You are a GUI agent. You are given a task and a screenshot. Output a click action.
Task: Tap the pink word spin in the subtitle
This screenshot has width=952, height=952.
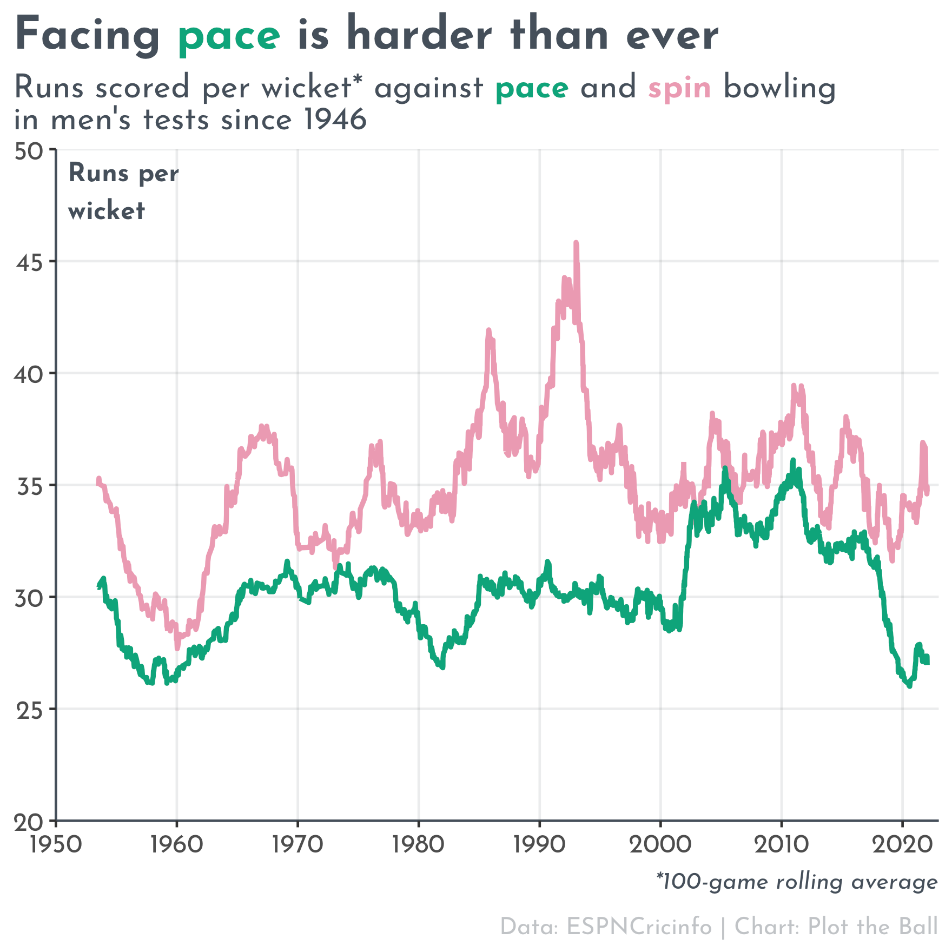(679, 88)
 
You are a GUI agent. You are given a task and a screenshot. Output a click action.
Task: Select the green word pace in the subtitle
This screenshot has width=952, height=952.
(532, 88)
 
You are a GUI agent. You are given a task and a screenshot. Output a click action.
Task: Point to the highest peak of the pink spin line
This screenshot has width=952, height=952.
(576, 243)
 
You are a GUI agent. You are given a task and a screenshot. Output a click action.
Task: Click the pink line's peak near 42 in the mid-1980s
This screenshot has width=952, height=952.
(488, 330)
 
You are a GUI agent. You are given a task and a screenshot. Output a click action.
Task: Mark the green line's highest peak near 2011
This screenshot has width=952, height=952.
(793, 461)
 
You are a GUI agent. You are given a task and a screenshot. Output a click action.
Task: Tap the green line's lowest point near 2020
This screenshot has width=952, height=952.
(909, 686)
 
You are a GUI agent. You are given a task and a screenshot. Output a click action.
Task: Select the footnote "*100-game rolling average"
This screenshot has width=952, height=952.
(796, 882)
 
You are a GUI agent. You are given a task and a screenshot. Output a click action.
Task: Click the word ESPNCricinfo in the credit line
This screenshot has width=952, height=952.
(639, 927)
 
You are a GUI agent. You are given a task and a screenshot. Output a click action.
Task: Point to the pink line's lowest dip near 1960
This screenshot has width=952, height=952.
(177, 648)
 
